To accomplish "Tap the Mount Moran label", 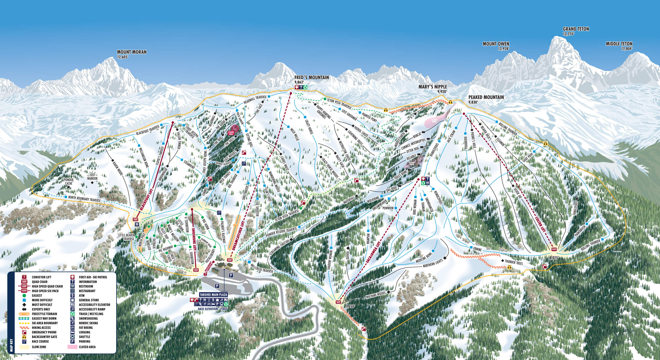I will click(x=132, y=52).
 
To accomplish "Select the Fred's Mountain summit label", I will click(x=312, y=78).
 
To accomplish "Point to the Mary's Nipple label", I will click(x=433, y=87).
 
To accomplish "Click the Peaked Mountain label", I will click(x=486, y=97).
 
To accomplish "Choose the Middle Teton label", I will click(x=619, y=44).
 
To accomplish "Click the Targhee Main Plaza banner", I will click(x=213, y=295).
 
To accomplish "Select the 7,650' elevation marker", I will click(x=351, y=306).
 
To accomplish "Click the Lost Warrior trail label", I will click(x=92, y=176).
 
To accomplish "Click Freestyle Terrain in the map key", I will click(x=44, y=314).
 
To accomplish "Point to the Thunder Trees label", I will click(x=514, y=263).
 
